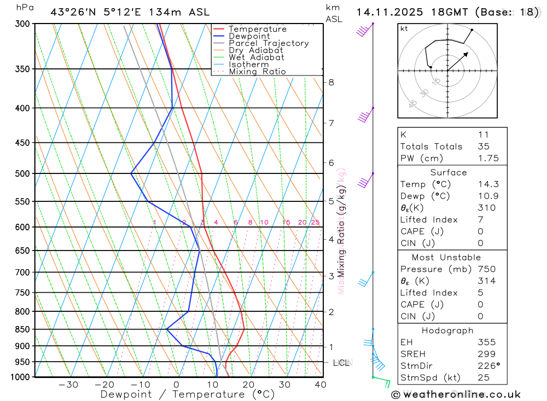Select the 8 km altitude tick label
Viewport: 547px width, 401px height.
tap(331, 83)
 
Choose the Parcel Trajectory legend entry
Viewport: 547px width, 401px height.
tap(269, 43)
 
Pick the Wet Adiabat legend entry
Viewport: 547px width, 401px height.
tap(256, 57)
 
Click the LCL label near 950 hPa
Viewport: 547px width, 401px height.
tap(341, 363)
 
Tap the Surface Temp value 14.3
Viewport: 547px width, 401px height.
tap(488, 184)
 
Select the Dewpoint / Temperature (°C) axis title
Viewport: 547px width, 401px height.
tap(187, 394)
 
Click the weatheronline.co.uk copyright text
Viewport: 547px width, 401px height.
tap(456, 394)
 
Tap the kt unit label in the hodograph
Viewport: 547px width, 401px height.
tap(404, 28)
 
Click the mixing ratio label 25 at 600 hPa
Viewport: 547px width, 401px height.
tap(315, 222)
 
